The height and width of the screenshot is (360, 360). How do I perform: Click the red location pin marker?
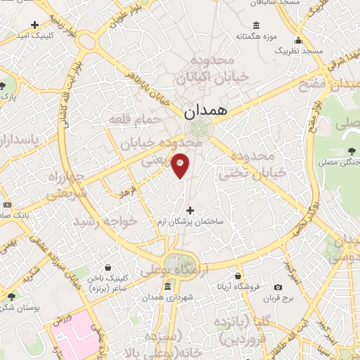(181, 165)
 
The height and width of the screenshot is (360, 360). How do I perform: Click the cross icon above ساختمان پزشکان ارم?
(190, 210)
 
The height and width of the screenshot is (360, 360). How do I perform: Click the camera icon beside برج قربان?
(278, 287)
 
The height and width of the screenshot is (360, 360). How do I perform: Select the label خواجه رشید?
(108, 221)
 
